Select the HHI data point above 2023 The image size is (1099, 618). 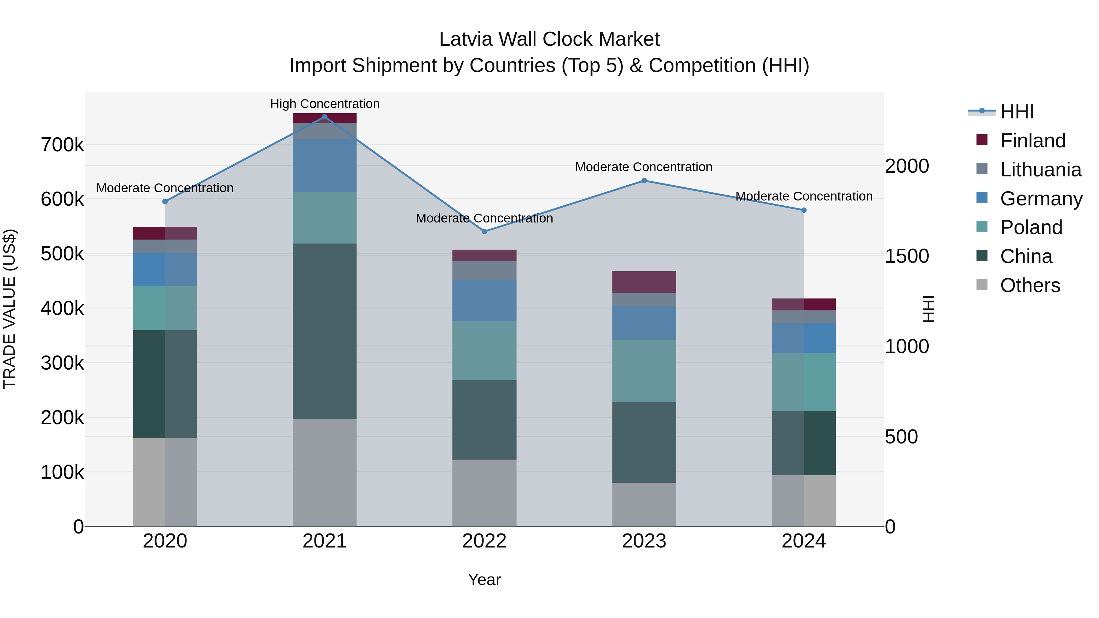click(x=644, y=181)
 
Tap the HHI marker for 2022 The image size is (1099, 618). click(x=484, y=232)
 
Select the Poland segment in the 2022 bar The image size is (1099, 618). click(x=484, y=351)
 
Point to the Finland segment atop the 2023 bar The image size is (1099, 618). click(x=644, y=282)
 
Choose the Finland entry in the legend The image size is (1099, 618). click(x=1032, y=141)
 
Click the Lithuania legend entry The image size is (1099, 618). click(x=1040, y=170)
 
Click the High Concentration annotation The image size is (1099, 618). click(x=325, y=104)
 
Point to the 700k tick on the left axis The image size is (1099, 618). click(x=62, y=145)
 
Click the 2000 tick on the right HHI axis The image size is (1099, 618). click(x=907, y=166)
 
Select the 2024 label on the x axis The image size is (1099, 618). click(x=803, y=541)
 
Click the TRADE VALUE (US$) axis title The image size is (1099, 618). click(x=9, y=309)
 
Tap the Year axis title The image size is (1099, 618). click(x=484, y=580)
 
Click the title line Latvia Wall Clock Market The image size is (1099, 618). click(x=549, y=39)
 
